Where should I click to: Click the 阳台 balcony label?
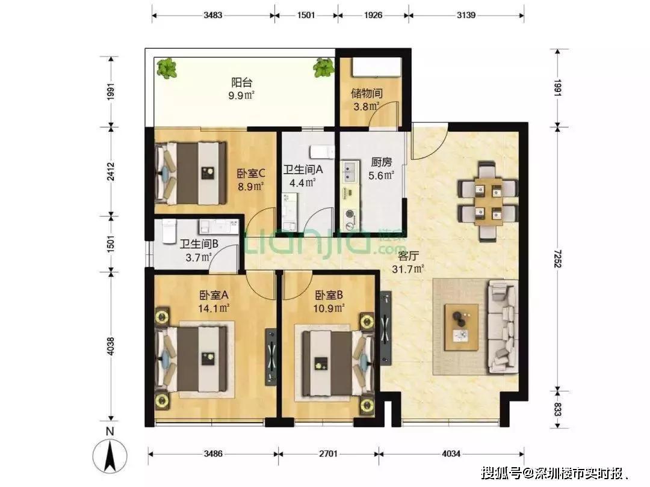tap(242, 82)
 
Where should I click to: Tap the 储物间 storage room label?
tap(367, 93)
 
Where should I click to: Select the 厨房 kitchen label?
tap(381, 162)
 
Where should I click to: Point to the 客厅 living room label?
tap(408, 256)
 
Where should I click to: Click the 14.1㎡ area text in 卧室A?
tap(214, 308)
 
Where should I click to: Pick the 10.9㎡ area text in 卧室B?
tap(329, 308)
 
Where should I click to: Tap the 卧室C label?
tap(251, 173)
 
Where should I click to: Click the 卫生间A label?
tap(303, 170)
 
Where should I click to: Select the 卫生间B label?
tap(199, 244)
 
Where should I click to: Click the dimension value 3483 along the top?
tap(212, 15)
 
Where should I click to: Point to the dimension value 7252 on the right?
tap(557, 259)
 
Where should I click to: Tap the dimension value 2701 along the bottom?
tap(328, 453)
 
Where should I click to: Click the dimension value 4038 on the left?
tap(110, 346)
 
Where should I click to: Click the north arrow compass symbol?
tap(110, 457)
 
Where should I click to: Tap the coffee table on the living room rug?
tap(461, 327)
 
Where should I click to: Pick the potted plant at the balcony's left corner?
tap(167, 69)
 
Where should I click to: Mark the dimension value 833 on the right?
tap(557, 409)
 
